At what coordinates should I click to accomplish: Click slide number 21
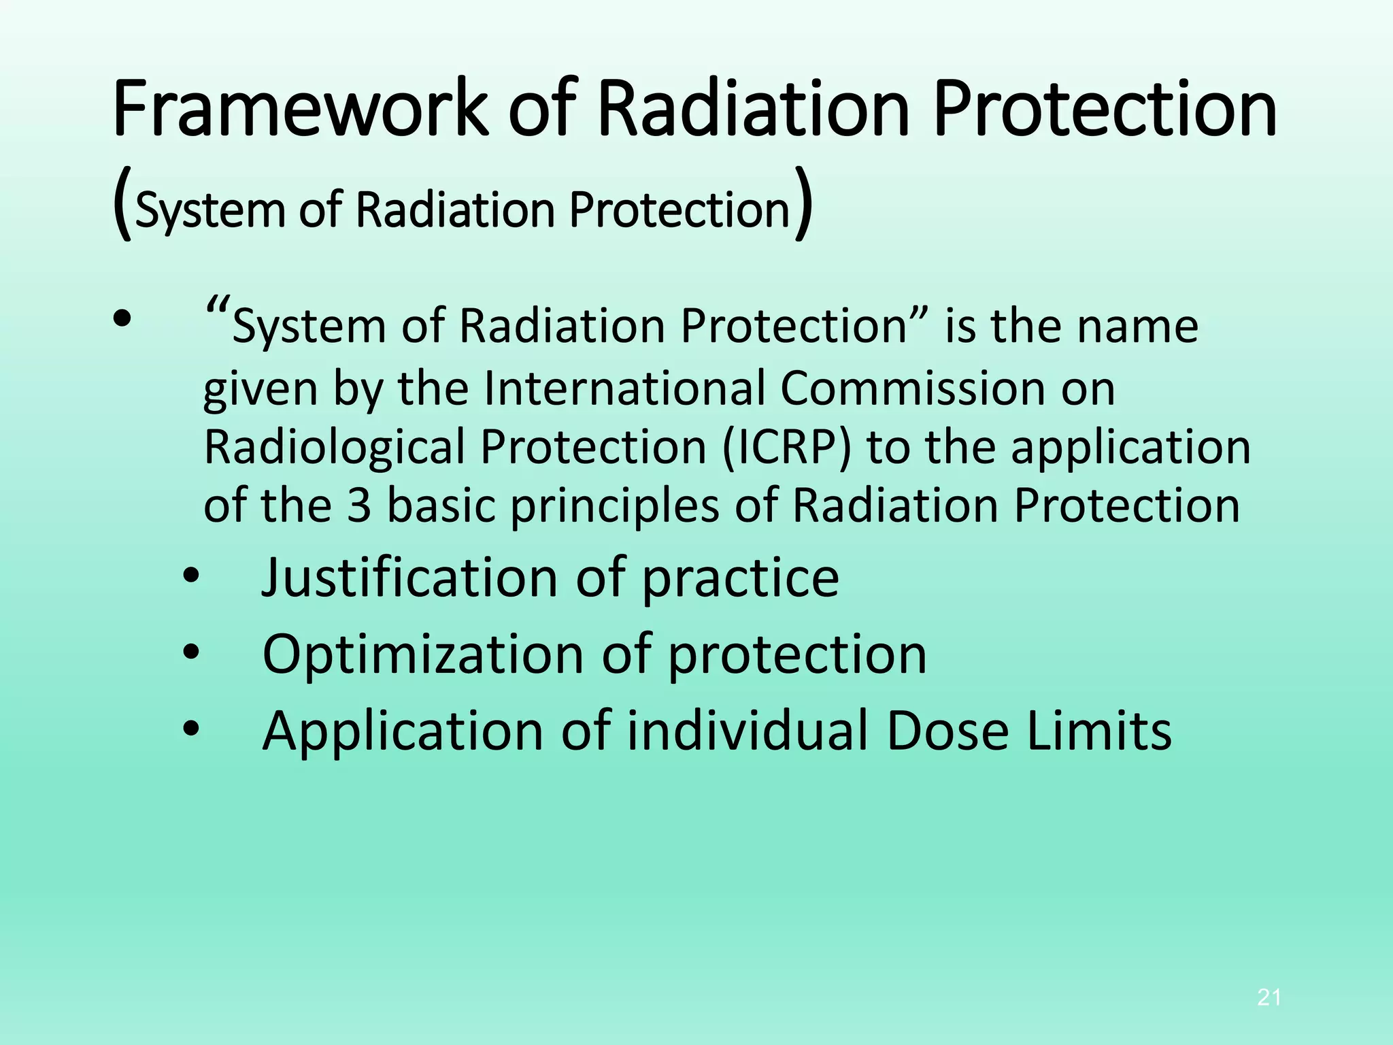[1269, 997]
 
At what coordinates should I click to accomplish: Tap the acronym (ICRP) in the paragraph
[786, 447]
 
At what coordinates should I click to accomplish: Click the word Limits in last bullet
[1098, 731]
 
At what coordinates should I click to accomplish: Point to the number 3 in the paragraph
[359, 506]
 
